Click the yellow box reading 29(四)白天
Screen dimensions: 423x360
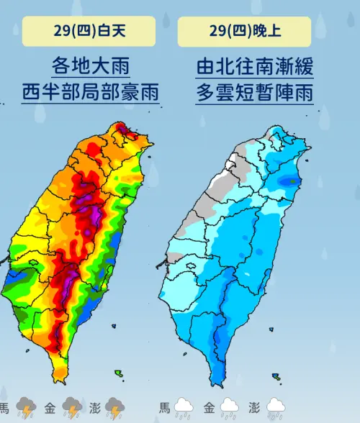pos(89,31)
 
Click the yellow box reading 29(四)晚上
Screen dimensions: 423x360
pos(244,31)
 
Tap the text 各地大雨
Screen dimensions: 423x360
pos(91,66)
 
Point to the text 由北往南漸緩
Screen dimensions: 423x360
pos(244,66)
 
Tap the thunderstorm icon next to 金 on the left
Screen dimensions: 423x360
pos(72,408)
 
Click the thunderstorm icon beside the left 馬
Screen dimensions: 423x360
pos(27,408)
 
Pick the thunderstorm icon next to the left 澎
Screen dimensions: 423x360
pos(115,408)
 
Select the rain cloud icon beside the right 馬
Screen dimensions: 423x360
pos(183,408)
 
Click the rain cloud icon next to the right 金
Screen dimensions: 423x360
pos(229,408)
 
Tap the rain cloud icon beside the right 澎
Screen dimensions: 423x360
pos(275,408)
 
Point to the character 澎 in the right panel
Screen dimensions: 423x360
pos(254,407)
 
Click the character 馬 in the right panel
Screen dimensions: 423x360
pos(164,407)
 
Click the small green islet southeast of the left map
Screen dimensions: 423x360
pos(118,374)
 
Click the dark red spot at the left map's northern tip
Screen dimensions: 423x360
pos(122,131)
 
